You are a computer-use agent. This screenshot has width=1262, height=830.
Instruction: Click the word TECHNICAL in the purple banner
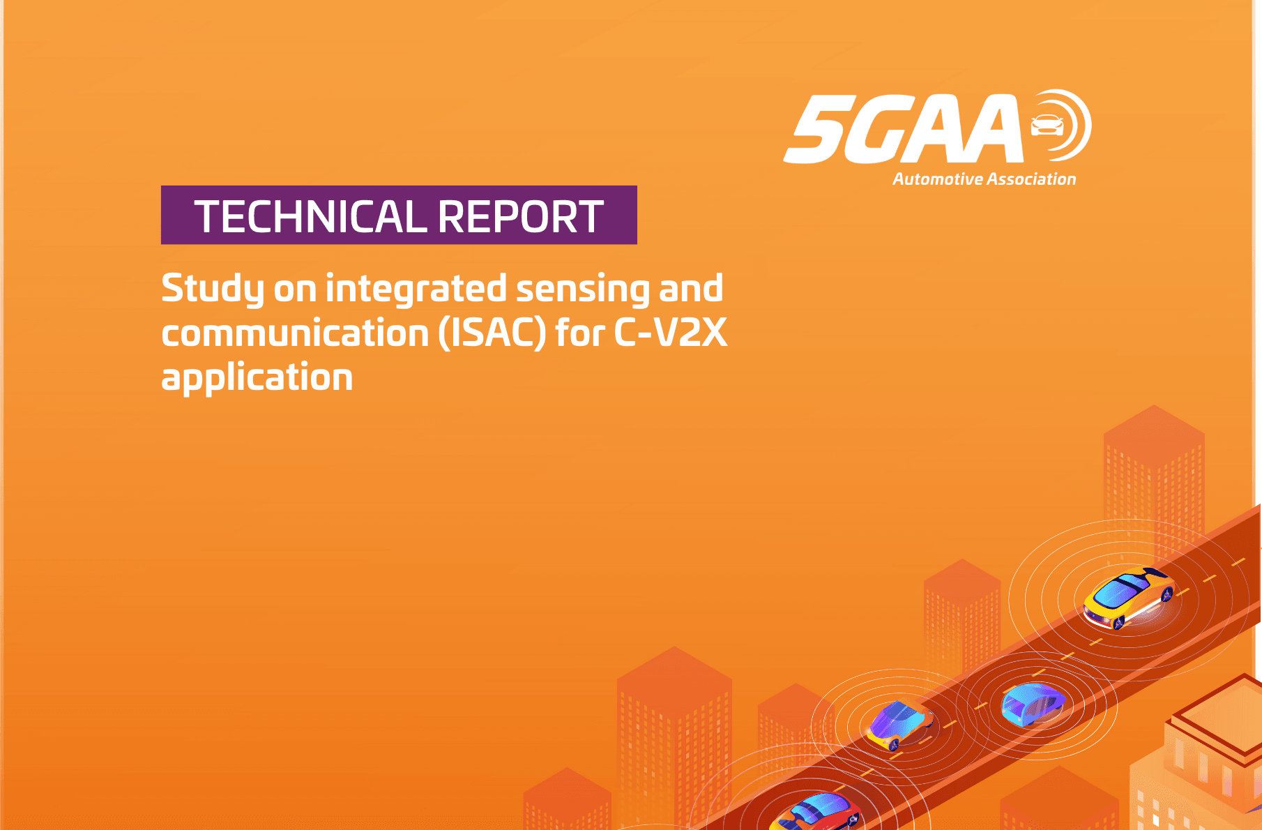[310, 216]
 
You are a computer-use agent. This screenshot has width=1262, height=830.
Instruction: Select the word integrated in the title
[416, 289]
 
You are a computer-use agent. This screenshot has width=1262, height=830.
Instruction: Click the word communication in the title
[295, 333]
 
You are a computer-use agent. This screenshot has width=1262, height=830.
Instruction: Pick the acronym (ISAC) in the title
[492, 333]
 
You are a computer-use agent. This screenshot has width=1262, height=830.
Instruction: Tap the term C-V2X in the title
[670, 333]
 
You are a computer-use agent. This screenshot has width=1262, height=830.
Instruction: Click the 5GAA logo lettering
[904, 129]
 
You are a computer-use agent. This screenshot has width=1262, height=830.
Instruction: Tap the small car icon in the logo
[1047, 126]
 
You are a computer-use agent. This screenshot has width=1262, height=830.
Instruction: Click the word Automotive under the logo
[938, 179]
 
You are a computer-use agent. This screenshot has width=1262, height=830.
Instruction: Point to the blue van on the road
[1033, 704]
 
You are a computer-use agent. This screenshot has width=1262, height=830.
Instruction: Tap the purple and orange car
[899, 724]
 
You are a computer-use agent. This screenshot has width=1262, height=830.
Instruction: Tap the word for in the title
[580, 332]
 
